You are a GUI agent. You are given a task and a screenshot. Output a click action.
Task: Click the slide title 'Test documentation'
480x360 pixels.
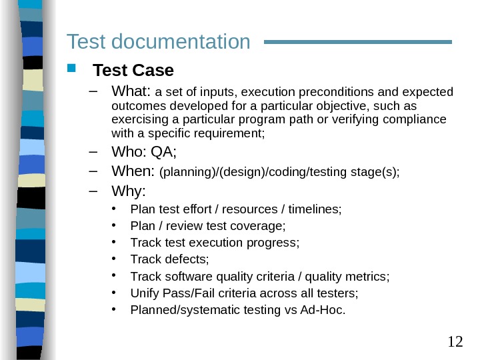coord(159,43)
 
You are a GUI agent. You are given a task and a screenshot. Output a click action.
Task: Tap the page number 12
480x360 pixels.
coord(455,342)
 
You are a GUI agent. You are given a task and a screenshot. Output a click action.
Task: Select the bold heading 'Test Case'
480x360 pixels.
coord(133,70)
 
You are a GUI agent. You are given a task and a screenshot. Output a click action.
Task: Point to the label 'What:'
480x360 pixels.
coord(132,91)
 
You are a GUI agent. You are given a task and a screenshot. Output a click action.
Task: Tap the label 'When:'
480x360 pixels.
coord(133,172)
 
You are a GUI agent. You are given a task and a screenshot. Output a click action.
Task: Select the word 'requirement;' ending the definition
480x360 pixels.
coord(235,133)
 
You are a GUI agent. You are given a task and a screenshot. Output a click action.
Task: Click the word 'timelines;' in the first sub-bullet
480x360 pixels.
coord(317,209)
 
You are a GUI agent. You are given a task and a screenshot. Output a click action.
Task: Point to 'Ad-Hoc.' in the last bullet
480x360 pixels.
coord(327,309)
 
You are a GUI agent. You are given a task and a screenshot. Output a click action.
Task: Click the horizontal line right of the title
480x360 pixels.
coord(358,41)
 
